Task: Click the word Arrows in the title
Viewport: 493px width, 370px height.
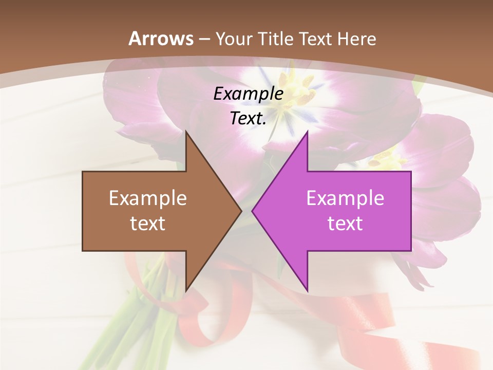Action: (161, 39)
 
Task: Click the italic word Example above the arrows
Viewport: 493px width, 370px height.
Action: (248, 94)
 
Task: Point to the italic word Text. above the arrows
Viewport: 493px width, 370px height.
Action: (248, 118)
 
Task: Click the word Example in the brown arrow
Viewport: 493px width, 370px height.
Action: (148, 198)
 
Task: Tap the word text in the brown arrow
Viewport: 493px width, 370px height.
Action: (148, 223)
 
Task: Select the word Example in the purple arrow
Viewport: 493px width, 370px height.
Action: (345, 198)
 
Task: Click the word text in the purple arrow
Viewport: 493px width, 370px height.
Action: (345, 223)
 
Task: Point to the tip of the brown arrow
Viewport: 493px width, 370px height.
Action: (241, 211)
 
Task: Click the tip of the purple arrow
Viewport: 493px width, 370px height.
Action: (252, 211)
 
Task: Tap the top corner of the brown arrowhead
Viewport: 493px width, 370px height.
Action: (186, 132)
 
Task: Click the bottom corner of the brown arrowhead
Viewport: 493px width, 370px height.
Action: (186, 291)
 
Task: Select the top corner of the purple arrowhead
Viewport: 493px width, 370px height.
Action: (307, 132)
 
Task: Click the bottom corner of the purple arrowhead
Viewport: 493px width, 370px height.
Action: (307, 291)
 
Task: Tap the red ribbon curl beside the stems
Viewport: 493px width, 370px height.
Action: (200, 329)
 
